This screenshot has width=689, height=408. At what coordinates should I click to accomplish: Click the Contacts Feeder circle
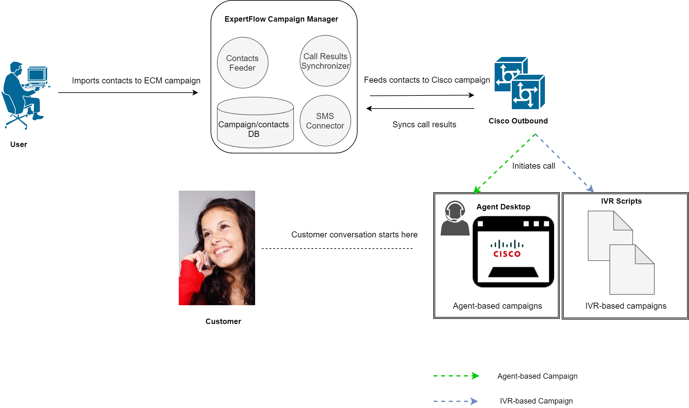click(x=242, y=63)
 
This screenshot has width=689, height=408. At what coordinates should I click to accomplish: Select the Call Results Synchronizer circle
click(x=325, y=61)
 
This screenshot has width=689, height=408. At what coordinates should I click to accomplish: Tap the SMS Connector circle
click(x=325, y=121)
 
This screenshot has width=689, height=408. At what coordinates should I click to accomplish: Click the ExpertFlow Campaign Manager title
click(x=281, y=19)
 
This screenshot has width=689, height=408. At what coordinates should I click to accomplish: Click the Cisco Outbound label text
click(x=518, y=121)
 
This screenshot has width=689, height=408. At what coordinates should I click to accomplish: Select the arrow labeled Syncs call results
click(x=420, y=109)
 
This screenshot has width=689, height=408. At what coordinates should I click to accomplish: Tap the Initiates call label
click(x=533, y=166)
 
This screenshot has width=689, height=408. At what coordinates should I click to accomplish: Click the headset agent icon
click(x=455, y=218)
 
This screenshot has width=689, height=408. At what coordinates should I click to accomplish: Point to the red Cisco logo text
click(x=507, y=254)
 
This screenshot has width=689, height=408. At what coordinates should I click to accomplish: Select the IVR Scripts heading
click(x=621, y=201)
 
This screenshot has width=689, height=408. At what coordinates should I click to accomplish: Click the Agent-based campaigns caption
click(x=497, y=306)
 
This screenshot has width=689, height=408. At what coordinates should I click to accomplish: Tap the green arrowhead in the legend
click(x=475, y=376)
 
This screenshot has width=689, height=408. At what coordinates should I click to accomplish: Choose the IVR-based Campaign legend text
click(x=536, y=401)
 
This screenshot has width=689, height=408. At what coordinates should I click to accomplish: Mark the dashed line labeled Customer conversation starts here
click(x=337, y=249)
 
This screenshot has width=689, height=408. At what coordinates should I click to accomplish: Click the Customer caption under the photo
click(x=223, y=321)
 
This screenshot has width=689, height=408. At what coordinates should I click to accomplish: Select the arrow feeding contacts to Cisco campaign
click(x=422, y=95)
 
